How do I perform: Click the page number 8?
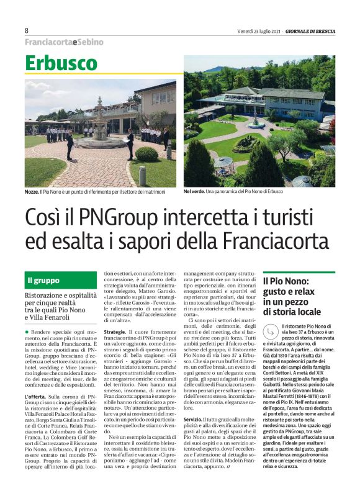(27, 30)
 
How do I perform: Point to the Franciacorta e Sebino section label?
(64, 42)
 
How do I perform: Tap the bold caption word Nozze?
(34, 192)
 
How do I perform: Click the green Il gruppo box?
(61, 281)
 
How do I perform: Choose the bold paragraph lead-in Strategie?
(115, 332)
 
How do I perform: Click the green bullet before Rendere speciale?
(27, 332)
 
